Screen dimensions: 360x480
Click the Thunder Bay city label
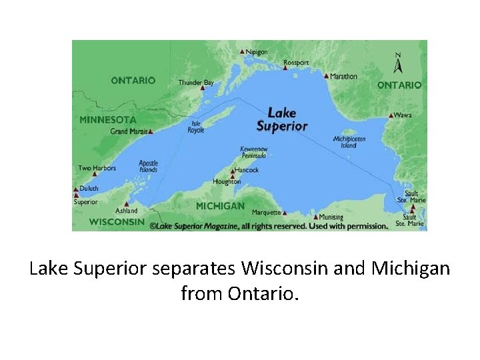point(196,83)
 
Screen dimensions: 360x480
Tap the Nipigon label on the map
point(257,51)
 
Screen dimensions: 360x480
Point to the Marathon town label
point(343,76)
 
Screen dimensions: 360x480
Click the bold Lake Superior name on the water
point(282,119)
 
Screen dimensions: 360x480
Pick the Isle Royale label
point(197,127)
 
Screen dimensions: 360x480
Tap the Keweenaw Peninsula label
point(253,152)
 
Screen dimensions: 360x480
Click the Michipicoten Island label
point(349,142)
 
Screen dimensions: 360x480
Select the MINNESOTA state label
point(108,120)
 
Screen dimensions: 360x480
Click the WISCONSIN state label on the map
point(117,221)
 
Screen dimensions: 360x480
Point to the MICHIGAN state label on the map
point(220,206)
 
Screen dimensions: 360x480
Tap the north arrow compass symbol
point(398,63)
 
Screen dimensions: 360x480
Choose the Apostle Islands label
point(148,166)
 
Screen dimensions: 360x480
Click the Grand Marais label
point(129,131)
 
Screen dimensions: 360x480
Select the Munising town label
point(331,217)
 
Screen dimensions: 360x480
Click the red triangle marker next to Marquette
point(285,213)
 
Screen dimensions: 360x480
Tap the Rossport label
point(296,63)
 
